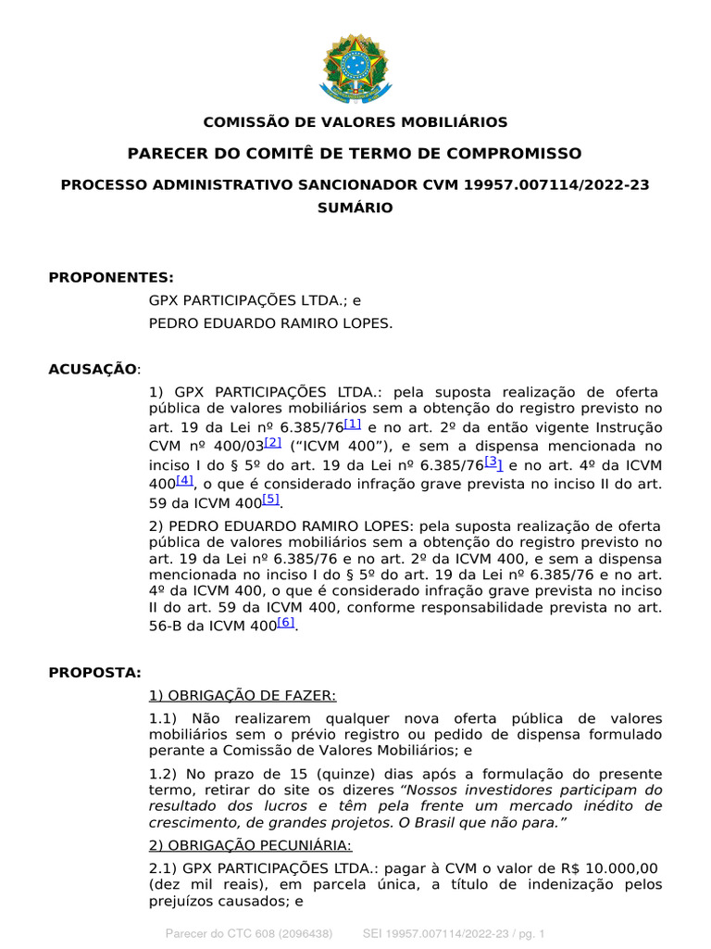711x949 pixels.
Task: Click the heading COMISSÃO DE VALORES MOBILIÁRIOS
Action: (x=355, y=122)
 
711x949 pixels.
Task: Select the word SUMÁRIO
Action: (x=355, y=208)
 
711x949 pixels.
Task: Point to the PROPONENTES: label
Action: (x=111, y=277)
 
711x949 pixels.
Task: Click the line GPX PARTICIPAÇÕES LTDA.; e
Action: (x=256, y=300)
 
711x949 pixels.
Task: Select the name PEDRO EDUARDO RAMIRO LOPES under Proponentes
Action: (x=271, y=323)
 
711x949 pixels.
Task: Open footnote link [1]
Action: (x=353, y=424)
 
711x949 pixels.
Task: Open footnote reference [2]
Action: (x=273, y=443)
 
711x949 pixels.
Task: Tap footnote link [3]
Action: (x=493, y=462)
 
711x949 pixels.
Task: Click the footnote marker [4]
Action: (x=185, y=480)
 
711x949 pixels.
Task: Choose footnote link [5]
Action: (x=270, y=500)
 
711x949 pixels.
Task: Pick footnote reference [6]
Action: (x=286, y=623)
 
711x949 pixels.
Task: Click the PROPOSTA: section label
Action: (x=94, y=672)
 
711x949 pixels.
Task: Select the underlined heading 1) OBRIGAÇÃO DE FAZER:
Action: (x=243, y=695)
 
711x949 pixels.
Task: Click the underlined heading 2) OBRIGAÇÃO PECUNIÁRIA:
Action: (x=250, y=845)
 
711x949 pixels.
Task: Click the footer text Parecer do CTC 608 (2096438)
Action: (x=248, y=933)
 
